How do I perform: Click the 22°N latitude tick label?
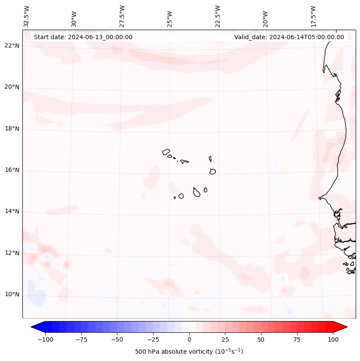pyautogui.click(x=12, y=46)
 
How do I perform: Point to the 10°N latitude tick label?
pyautogui.click(x=12, y=295)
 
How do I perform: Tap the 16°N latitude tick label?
pyautogui.click(x=12, y=170)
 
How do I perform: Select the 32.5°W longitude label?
pyautogui.click(x=27, y=16)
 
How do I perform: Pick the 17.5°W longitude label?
pyautogui.click(x=314, y=16)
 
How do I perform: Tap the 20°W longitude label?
pyautogui.click(x=266, y=18)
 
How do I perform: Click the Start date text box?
pyautogui.click(x=83, y=37)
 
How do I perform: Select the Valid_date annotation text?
pyautogui.click(x=289, y=37)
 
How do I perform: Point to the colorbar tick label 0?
pyautogui.click(x=189, y=339)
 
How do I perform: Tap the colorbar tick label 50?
pyautogui.click(x=261, y=339)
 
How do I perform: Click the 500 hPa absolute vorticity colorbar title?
pyautogui.click(x=189, y=352)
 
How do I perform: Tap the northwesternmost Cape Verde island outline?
pyautogui.click(x=166, y=152)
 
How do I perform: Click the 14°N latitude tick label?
pyautogui.click(x=12, y=212)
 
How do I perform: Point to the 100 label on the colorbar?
pyautogui.click(x=333, y=339)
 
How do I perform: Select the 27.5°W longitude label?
pyautogui.click(x=122, y=16)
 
